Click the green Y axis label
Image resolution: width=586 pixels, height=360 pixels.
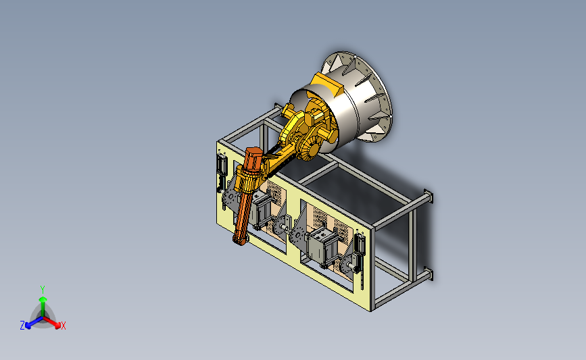pyautogui.click(x=43, y=290)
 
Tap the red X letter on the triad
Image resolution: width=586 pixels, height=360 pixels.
pyautogui.click(x=63, y=326)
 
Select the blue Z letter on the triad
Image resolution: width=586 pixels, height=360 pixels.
pyautogui.click(x=22, y=326)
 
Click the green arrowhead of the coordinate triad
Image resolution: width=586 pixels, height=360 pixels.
pyautogui.click(x=43, y=299)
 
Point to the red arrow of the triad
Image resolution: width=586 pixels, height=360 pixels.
pyautogui.click(x=52, y=322)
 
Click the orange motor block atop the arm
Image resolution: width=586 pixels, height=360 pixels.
pyautogui.click(x=253, y=159)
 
